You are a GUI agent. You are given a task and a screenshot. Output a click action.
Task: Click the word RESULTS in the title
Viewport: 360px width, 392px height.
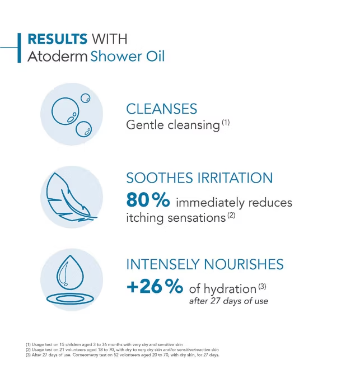click(57, 39)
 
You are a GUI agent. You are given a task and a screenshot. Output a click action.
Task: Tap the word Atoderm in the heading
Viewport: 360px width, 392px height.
click(57, 56)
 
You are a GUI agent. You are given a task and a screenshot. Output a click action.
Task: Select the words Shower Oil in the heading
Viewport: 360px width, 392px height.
click(128, 56)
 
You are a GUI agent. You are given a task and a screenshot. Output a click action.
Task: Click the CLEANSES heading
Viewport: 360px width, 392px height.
click(161, 109)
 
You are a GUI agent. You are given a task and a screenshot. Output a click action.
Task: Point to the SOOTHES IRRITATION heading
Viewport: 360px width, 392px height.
click(199, 178)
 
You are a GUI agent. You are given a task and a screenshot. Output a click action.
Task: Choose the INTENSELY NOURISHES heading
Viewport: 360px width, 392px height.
click(205, 264)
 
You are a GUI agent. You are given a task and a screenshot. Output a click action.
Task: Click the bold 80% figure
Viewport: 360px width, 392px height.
click(148, 200)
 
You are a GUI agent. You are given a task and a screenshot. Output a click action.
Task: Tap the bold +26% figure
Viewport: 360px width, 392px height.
click(155, 287)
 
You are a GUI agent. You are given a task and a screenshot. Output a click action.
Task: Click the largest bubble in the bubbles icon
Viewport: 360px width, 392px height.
click(66, 111)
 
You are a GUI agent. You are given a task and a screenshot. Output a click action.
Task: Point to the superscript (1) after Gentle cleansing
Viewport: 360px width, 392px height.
click(226, 123)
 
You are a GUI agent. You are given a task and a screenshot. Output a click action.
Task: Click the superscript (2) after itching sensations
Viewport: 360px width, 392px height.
click(231, 215)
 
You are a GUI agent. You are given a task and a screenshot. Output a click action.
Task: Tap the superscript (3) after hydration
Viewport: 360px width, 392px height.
click(262, 286)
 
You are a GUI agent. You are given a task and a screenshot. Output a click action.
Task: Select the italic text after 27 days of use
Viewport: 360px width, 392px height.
click(228, 301)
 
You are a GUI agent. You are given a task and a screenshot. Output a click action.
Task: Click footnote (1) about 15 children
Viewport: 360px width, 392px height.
click(104, 344)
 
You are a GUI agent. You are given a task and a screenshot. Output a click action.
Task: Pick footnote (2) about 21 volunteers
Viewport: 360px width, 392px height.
click(122, 350)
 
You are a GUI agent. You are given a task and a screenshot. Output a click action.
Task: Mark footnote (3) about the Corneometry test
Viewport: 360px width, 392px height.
click(123, 354)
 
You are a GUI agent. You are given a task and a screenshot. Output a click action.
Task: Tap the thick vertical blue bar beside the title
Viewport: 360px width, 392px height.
click(19, 48)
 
